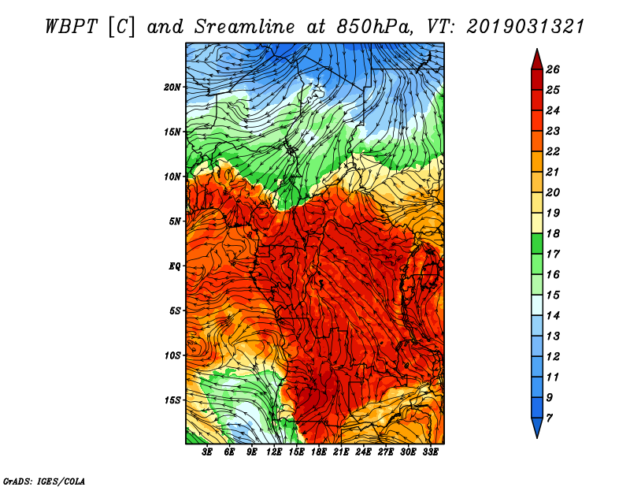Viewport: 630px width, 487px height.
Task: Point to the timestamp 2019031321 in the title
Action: pos(525,25)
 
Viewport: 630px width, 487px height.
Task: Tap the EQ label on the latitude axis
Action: pos(176,266)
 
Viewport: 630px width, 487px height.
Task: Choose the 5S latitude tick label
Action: pos(176,310)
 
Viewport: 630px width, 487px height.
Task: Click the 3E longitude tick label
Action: pos(208,454)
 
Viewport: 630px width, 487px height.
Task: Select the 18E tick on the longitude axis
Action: pos(319,454)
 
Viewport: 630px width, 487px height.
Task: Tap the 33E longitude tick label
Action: pos(431,454)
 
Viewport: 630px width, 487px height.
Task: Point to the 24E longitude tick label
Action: pos(364,454)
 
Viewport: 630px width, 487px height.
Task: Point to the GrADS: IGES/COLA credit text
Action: pos(43,480)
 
